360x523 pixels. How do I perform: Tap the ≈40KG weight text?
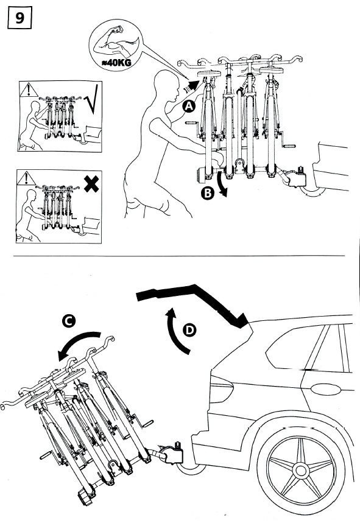coord(115,62)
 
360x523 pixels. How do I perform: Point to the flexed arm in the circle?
coord(115,43)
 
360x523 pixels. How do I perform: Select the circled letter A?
coord(189,107)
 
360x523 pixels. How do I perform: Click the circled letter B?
coord(208,194)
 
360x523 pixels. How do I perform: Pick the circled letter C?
coord(68,321)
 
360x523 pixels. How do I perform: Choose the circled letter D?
coord(189,331)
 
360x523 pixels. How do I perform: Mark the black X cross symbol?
coord(91,184)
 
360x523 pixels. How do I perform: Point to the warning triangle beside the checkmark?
coord(29,90)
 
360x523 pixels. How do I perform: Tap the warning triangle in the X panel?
coord(27,178)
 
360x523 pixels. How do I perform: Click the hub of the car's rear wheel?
coord(301,470)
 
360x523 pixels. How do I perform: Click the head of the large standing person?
coord(166,85)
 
